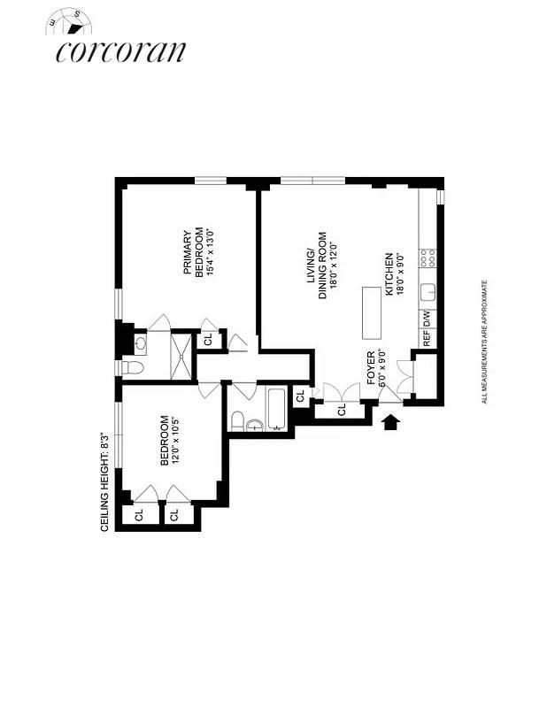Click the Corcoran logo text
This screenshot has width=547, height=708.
pos(120,50)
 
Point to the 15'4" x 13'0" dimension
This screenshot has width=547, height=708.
pos(211,254)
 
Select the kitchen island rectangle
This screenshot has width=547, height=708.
pos(369,312)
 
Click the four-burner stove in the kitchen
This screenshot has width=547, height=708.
pos(428,258)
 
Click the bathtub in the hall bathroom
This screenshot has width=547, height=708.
pos(276,409)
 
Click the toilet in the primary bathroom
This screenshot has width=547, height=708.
pos(127,367)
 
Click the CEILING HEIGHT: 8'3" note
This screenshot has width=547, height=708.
pos(104,481)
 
